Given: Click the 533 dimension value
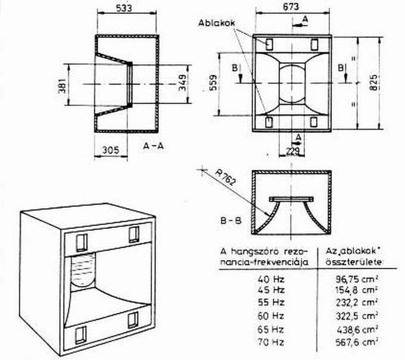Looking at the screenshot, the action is pos(124,8).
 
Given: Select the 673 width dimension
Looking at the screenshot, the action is pos(291,7).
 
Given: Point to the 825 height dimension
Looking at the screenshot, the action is pos(374,83).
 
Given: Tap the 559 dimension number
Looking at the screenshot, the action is pos(213,83).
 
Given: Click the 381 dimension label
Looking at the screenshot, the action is pos(63,86).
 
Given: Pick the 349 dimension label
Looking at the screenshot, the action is pos(182,83).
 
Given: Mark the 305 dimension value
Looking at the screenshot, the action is pos(111,150).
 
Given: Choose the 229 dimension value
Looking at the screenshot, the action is pos(292,152).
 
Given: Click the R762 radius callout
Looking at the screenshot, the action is pos(225,177).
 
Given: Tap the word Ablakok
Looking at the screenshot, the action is pos(216,23).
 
